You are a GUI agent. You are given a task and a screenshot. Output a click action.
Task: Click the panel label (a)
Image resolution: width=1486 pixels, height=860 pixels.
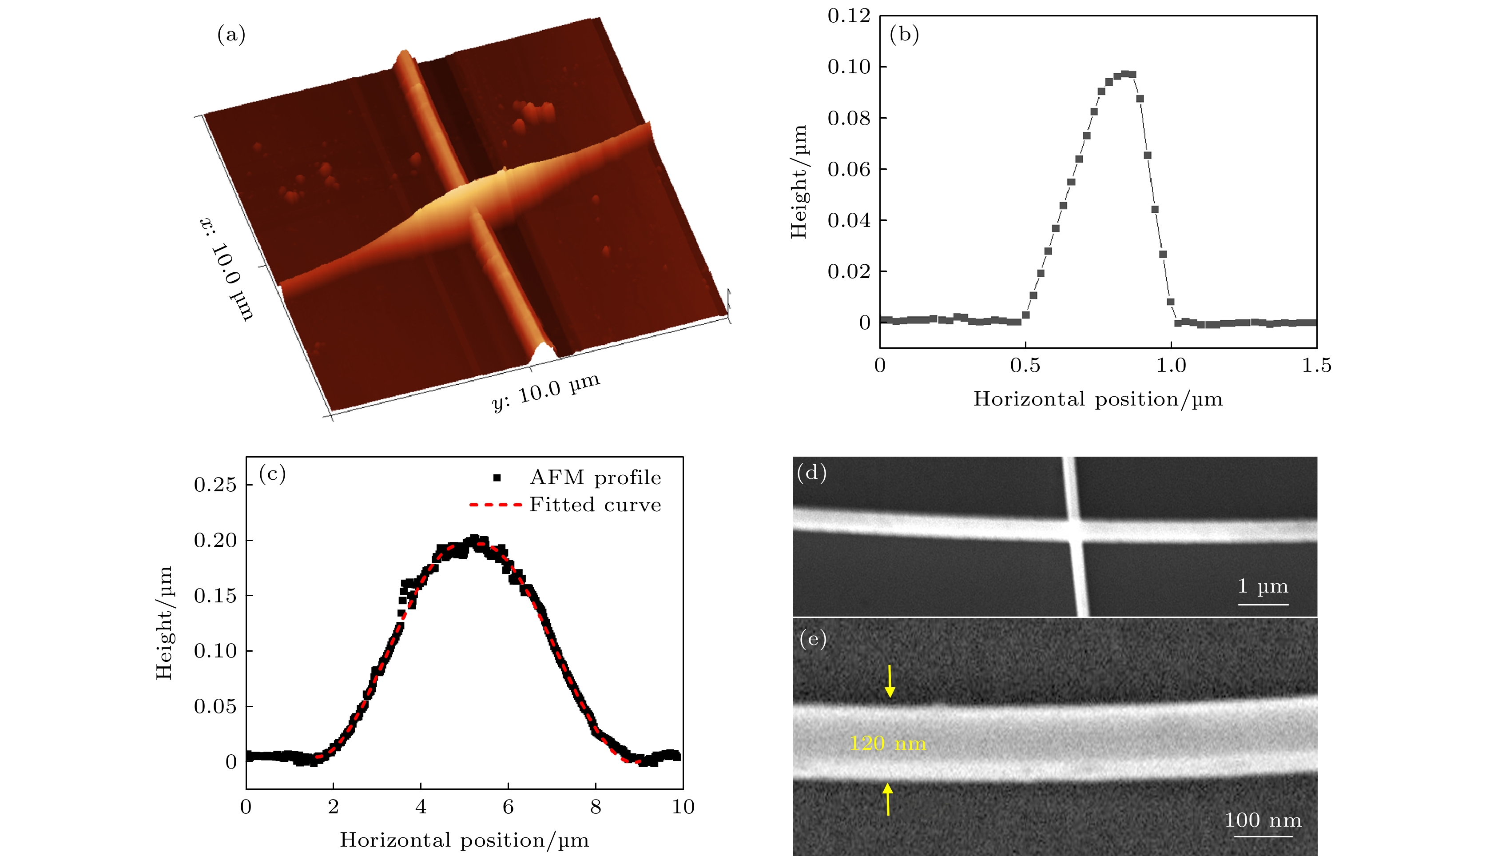click(231, 35)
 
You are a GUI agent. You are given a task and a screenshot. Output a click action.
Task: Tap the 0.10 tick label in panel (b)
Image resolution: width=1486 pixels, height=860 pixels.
click(849, 67)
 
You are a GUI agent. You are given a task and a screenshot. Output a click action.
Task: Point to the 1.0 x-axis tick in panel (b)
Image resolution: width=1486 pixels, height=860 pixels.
click(1171, 366)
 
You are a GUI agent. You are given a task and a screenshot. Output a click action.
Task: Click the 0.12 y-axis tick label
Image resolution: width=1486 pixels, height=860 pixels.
click(849, 16)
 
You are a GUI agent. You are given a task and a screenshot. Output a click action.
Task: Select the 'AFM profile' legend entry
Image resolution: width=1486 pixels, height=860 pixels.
click(594, 478)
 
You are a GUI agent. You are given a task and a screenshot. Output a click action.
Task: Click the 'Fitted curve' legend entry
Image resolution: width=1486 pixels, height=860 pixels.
click(594, 505)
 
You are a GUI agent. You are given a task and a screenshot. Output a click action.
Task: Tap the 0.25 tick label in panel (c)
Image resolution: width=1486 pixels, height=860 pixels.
click(215, 485)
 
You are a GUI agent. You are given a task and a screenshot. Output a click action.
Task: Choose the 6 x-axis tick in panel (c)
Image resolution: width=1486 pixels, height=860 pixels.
click(508, 806)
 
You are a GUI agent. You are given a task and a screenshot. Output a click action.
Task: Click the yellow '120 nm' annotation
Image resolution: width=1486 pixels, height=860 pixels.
click(887, 743)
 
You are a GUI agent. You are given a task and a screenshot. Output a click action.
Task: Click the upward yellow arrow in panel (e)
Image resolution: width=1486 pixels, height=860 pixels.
click(887, 799)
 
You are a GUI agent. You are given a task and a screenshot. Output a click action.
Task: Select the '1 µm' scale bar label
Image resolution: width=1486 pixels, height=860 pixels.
click(1263, 586)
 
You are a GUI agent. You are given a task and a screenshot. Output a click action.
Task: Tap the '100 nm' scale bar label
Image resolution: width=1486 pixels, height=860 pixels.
click(1263, 820)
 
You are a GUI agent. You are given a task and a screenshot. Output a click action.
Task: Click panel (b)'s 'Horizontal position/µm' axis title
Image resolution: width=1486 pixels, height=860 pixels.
click(1097, 399)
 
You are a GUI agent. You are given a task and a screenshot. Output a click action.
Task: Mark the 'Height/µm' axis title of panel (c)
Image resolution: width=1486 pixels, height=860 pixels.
click(164, 623)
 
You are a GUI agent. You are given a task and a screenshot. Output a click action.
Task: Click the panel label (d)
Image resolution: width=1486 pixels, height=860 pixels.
click(811, 473)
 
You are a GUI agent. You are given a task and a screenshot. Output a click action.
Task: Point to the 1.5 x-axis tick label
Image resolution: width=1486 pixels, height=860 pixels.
click(1316, 366)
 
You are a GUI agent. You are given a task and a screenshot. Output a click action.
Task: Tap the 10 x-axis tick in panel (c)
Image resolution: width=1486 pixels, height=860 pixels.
click(683, 806)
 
